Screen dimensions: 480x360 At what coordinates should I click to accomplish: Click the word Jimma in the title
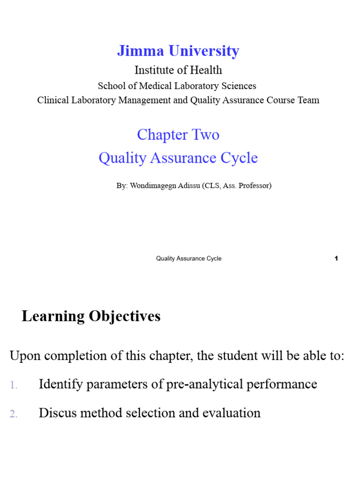137,51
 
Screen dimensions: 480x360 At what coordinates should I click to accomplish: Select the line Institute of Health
178,70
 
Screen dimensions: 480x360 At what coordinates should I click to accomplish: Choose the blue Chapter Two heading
178,135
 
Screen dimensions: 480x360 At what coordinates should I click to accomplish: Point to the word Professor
254,186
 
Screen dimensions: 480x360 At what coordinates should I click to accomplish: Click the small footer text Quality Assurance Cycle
188,258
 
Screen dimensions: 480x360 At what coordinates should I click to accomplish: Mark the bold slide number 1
337,258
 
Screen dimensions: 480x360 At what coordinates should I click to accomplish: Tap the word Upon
23,356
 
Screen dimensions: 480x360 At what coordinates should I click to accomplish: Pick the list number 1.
13,385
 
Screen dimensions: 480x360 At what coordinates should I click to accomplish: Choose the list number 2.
13,414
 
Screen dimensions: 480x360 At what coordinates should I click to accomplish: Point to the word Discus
56,413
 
